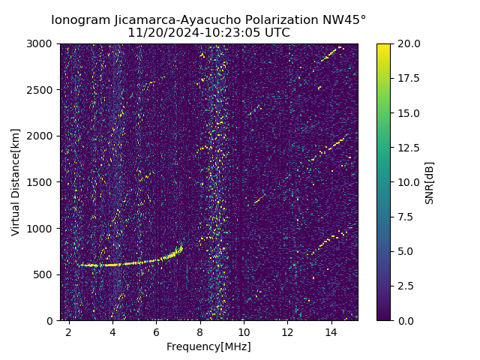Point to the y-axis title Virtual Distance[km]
click(16, 181)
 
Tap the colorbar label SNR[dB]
click(430, 182)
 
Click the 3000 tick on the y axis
click(42, 44)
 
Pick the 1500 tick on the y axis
click(42, 182)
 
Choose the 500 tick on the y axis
click(45, 274)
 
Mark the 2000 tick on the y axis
click(42, 136)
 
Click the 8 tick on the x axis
click(200, 331)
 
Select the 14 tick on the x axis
click(331, 331)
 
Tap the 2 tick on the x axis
click(69, 331)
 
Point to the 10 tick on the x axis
click(244, 331)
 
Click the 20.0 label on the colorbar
click(408, 44)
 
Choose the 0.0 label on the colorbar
click(405, 320)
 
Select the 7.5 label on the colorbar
click(405, 217)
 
